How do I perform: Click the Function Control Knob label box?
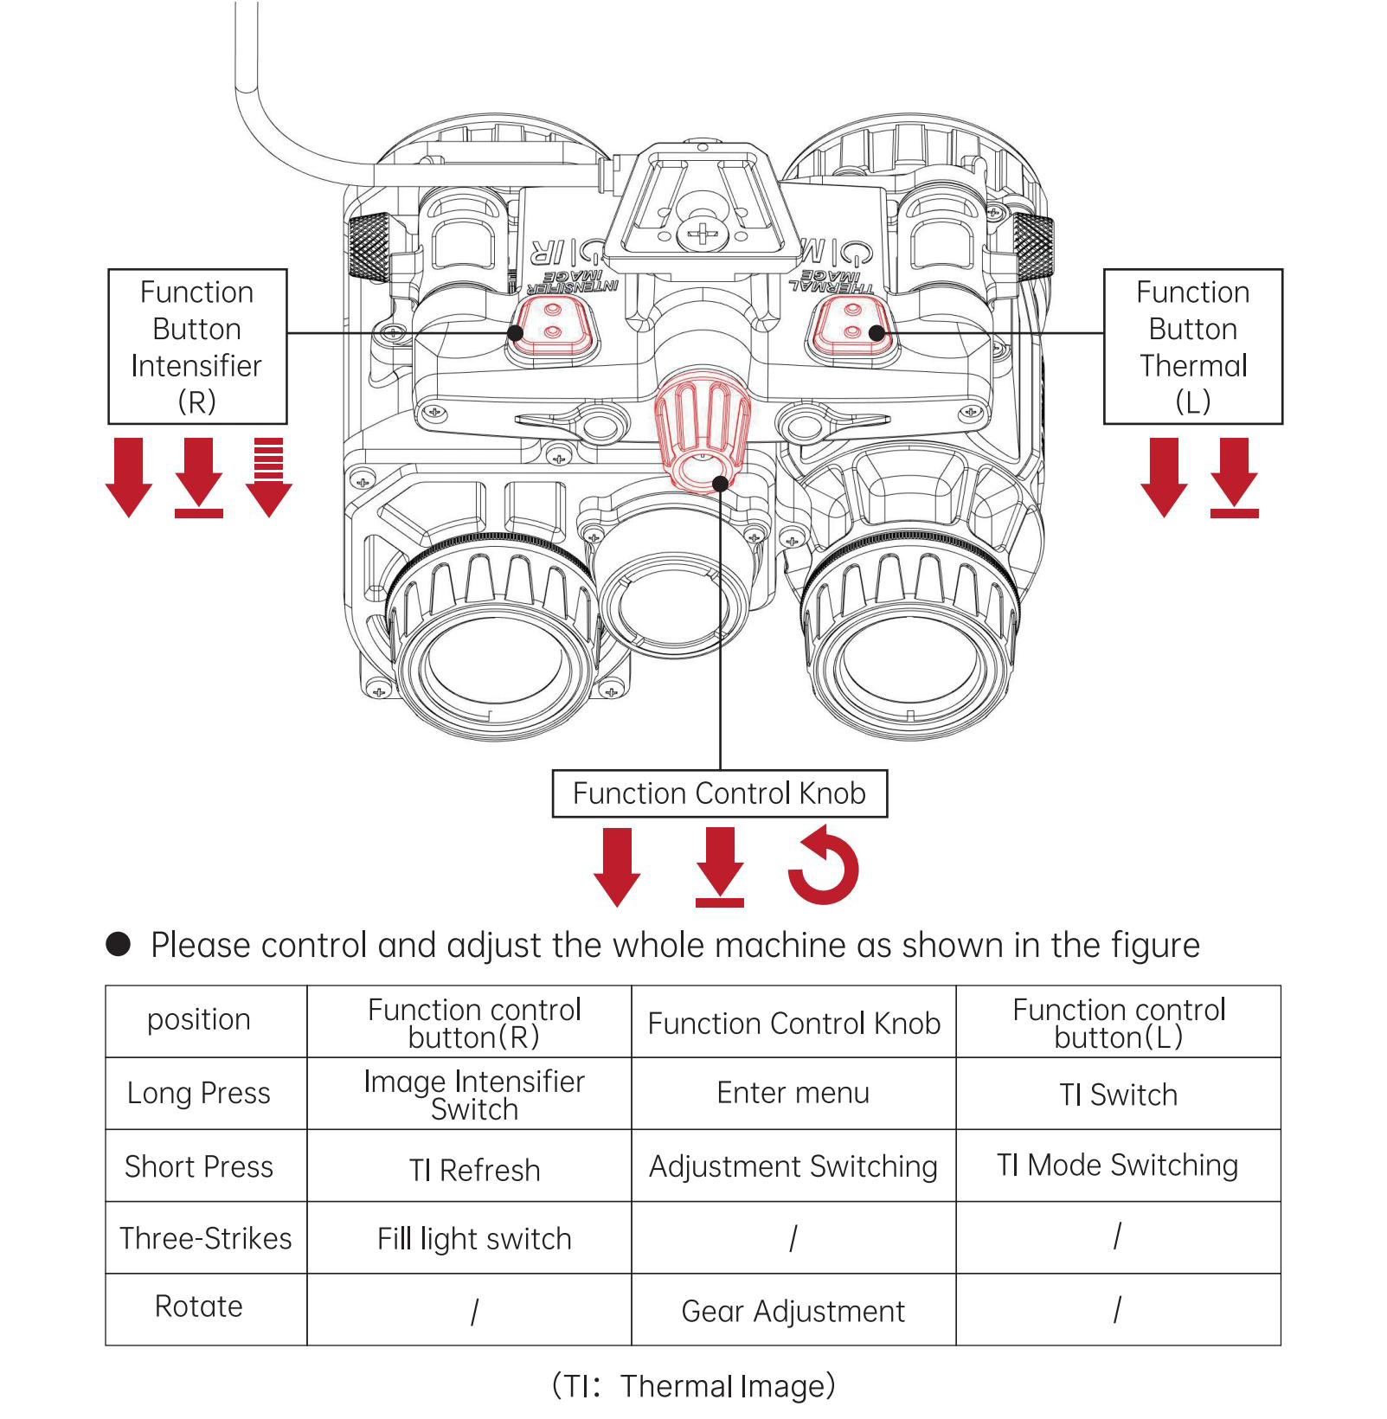tap(719, 793)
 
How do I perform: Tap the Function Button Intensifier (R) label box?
tap(197, 346)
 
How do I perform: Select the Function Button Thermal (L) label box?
tap(1192, 346)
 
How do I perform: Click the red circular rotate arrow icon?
tap(823, 866)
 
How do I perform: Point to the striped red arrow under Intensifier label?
tap(269, 477)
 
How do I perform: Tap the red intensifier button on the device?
tap(553, 324)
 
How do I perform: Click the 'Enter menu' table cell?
tap(793, 1093)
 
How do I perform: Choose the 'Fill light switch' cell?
tap(474, 1239)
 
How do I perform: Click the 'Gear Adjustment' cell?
tap(793, 1311)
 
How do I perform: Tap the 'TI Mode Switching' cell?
tap(1117, 1165)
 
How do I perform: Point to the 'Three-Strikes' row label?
tap(206, 1238)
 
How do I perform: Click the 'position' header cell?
tap(198, 1019)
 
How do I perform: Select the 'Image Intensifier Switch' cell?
tap(474, 1095)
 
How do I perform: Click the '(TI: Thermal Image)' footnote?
tap(693, 1385)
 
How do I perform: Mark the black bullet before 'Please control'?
tap(118, 944)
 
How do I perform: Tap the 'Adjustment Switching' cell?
tap(793, 1166)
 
